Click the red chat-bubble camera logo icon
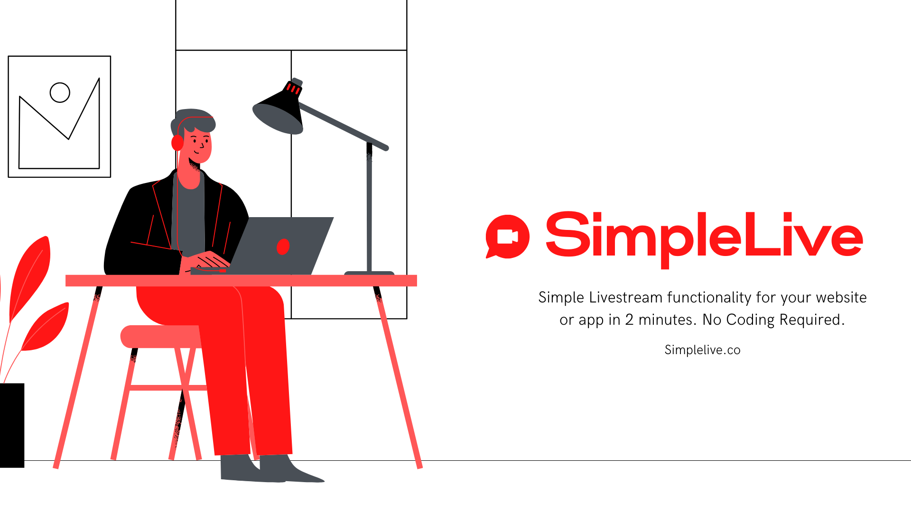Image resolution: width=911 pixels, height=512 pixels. point(507,237)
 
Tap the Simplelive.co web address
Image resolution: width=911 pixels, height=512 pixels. point(702,350)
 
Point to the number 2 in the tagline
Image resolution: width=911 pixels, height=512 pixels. point(629,320)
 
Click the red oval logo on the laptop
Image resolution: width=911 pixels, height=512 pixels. point(283,247)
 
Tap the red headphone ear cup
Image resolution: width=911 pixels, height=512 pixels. point(177,142)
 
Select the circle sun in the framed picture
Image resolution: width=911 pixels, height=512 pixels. point(60,92)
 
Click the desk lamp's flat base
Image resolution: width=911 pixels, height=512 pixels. point(369,273)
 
